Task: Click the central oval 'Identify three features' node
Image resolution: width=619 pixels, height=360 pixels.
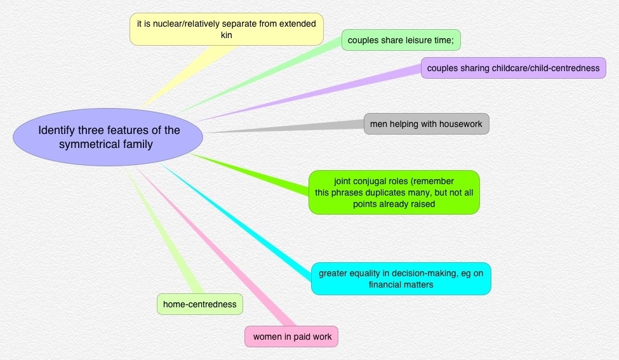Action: [108, 137]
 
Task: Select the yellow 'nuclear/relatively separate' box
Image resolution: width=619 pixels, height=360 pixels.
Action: [227, 29]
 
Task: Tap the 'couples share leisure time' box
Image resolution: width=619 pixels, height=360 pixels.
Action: [401, 40]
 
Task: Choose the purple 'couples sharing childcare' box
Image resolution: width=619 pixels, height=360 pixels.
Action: [513, 68]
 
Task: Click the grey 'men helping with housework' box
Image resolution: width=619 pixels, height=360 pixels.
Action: [426, 123]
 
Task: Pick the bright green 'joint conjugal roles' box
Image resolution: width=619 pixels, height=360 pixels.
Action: [394, 192]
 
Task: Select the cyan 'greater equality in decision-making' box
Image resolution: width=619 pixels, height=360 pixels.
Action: [401, 278]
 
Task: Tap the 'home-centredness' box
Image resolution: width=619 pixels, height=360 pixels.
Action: [199, 304]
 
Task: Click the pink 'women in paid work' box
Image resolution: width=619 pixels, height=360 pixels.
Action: [291, 337]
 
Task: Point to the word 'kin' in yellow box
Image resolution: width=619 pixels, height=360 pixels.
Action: [227, 36]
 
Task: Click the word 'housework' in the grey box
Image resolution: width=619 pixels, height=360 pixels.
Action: [461, 123]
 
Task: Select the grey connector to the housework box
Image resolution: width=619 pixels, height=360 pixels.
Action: [286, 128]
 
